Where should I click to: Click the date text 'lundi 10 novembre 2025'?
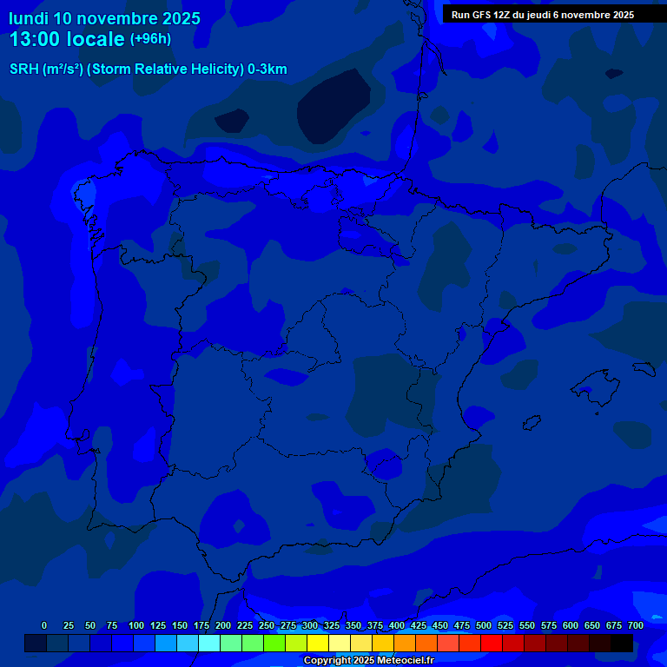coord(104,18)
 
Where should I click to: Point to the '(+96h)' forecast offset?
coord(150,39)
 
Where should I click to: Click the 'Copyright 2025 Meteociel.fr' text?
coord(368,660)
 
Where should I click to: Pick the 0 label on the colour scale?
coord(44,625)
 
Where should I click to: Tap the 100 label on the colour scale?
coord(136,625)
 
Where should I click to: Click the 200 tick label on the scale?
coord(223,625)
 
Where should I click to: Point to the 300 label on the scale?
coord(310,625)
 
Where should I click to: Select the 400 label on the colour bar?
coord(397,625)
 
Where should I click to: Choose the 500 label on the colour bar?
coord(484,625)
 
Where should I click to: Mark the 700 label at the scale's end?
coord(636,625)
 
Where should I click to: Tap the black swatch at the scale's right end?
coord(622,644)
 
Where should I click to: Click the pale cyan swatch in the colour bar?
coord(209,644)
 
